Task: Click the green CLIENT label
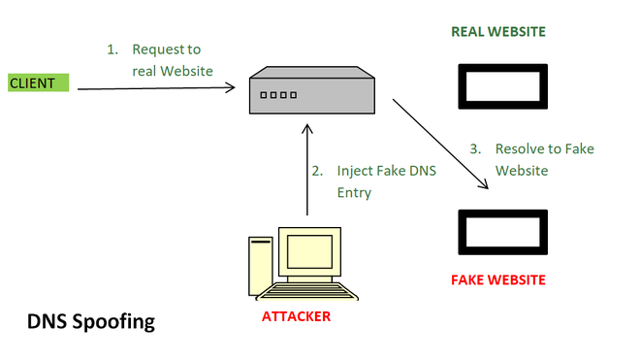[x=39, y=83]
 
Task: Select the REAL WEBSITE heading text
[x=498, y=32]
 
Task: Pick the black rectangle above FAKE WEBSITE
[x=500, y=232]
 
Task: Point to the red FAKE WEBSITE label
[x=498, y=280]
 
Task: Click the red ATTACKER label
[x=295, y=316]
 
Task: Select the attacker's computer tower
[x=259, y=267]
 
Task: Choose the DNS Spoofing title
[x=90, y=321]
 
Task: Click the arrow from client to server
[x=155, y=88]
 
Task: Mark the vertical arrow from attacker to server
[x=306, y=170]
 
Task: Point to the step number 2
[x=316, y=171]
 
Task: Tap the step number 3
[x=474, y=149]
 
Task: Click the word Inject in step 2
[x=355, y=171]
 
